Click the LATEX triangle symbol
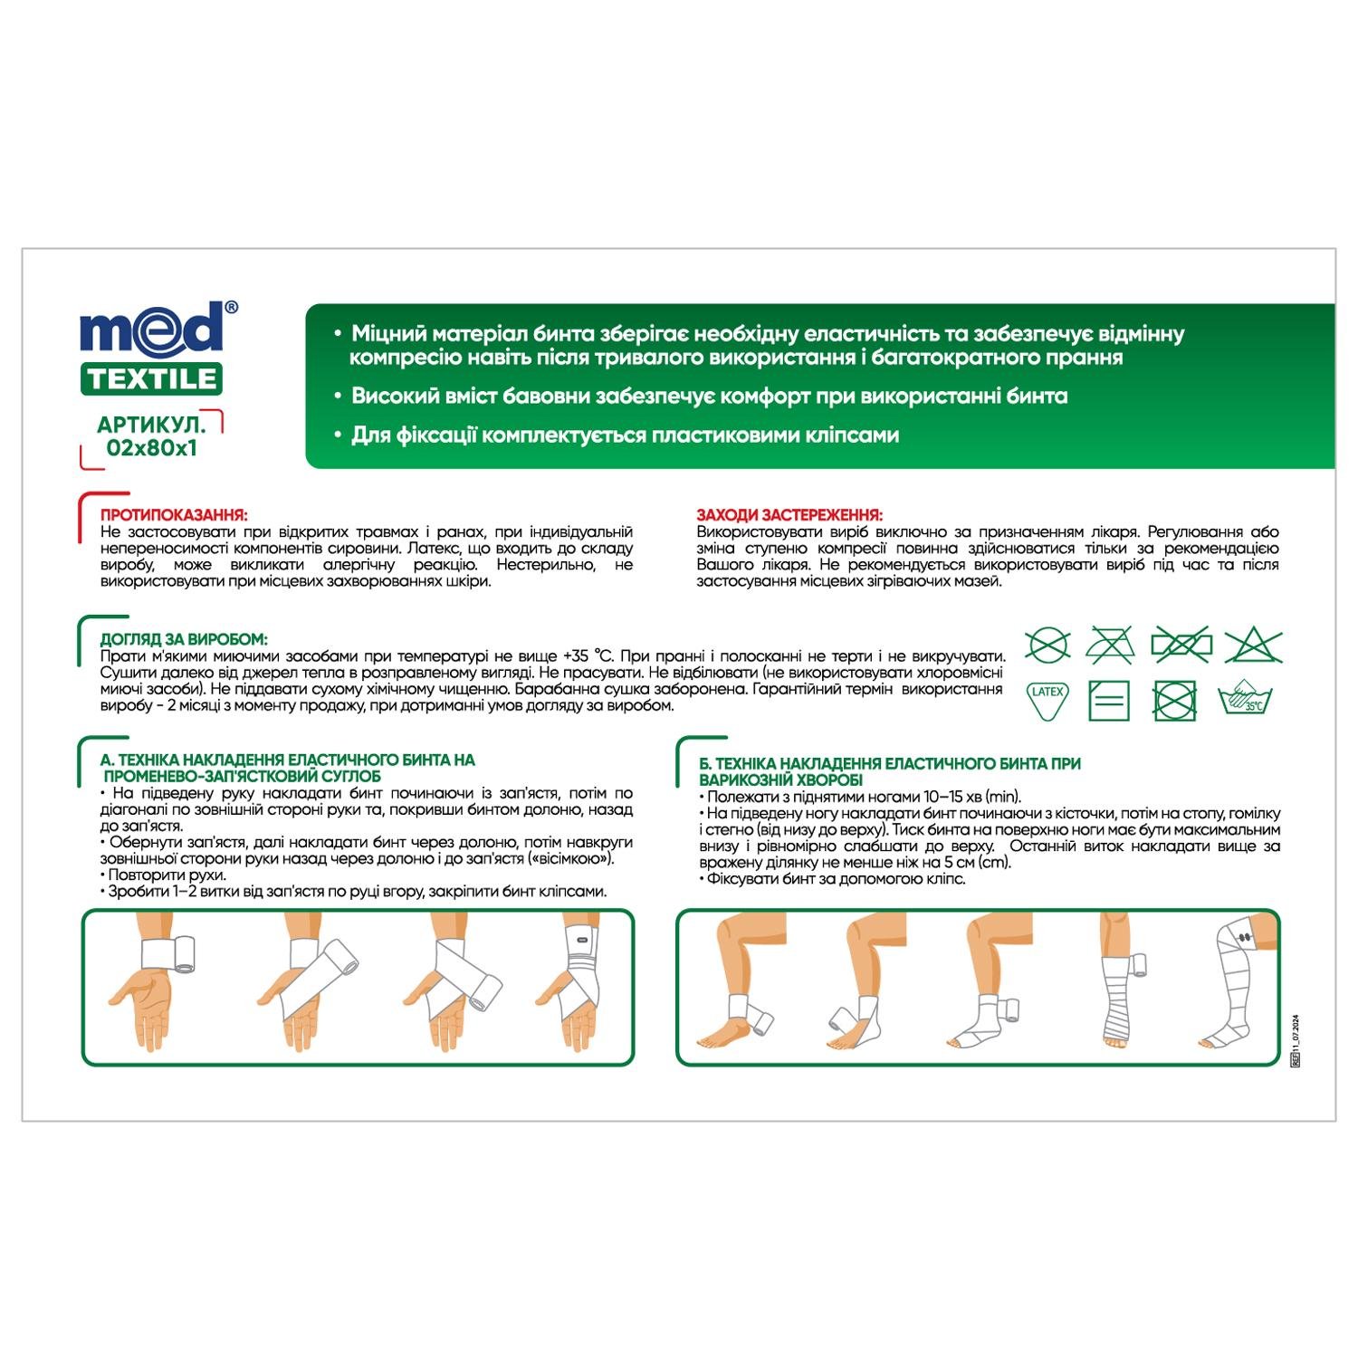click(x=1047, y=699)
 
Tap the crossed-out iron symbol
click(x=1109, y=646)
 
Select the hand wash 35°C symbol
click(x=1246, y=700)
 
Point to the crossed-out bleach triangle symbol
click(x=1254, y=646)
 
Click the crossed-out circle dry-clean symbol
click(x=1047, y=646)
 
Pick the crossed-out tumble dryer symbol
click(x=1175, y=700)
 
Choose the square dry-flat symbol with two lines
click(x=1109, y=700)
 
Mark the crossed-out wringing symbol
click(x=1181, y=646)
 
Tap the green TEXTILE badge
click(x=152, y=378)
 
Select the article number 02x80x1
click(x=151, y=447)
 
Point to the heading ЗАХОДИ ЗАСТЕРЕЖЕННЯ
click(x=789, y=515)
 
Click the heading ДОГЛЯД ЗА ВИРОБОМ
click(x=184, y=640)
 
